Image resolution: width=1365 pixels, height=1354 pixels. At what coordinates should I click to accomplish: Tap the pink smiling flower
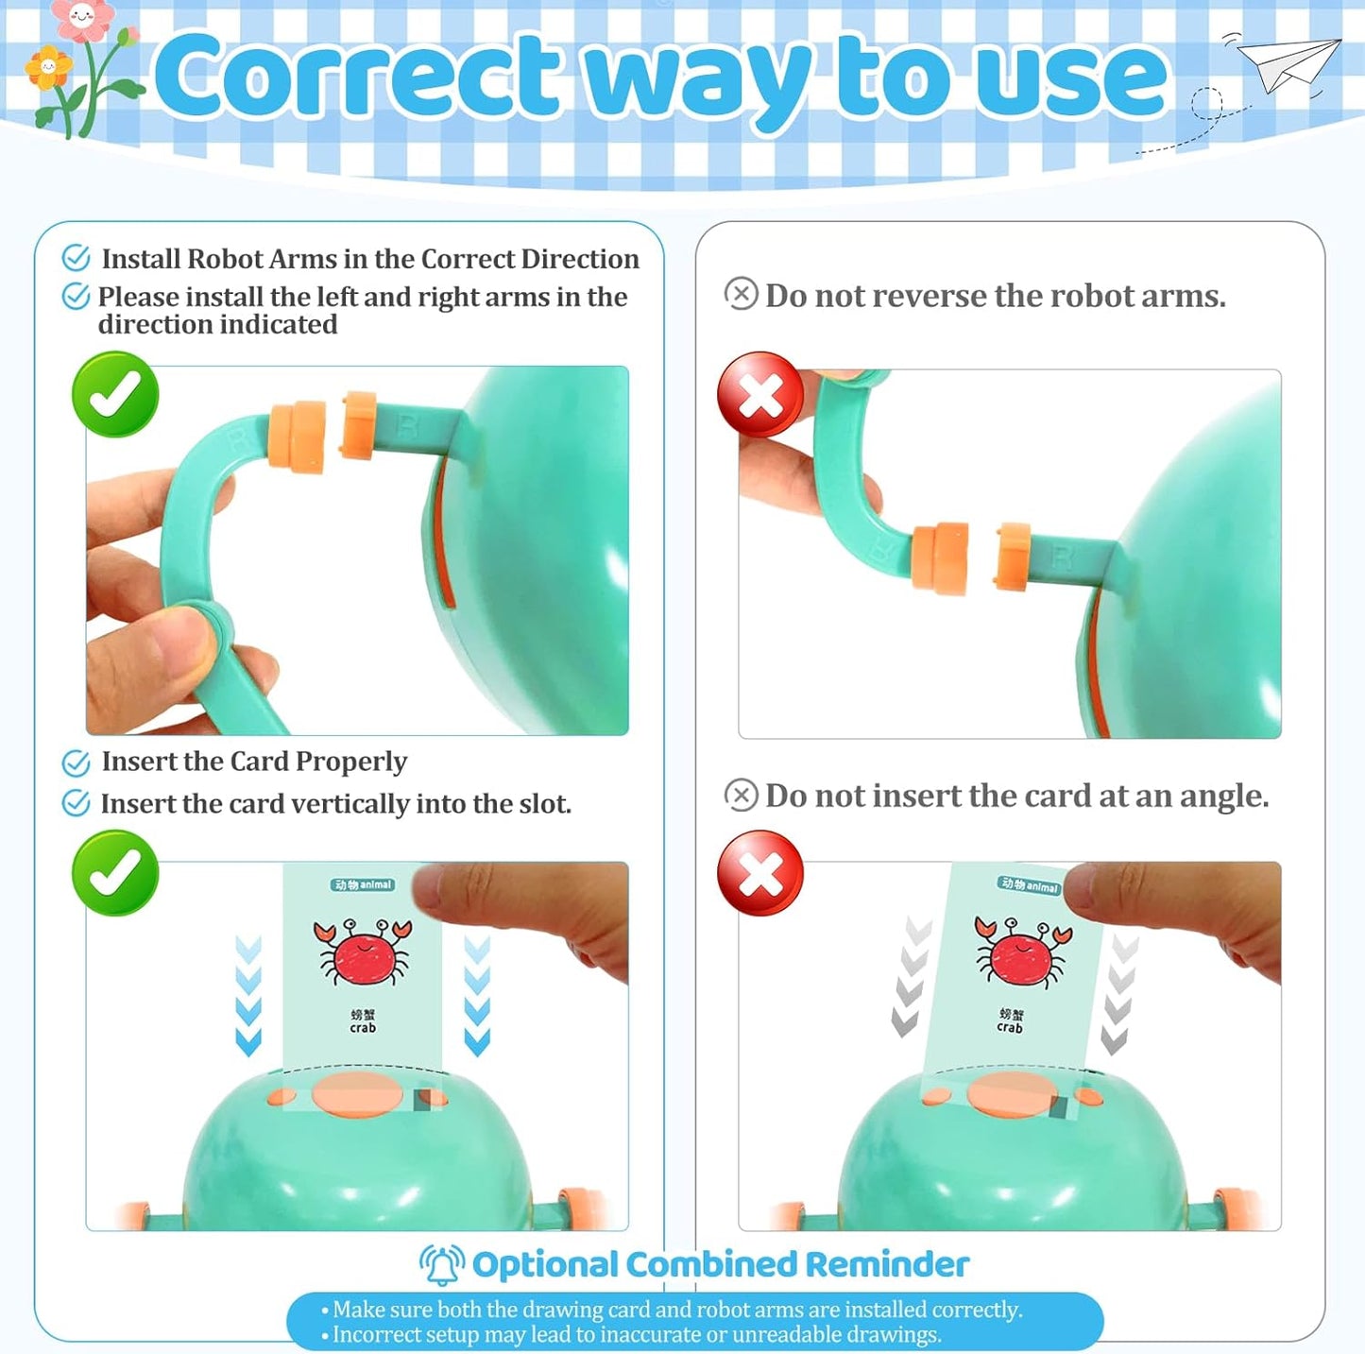83,18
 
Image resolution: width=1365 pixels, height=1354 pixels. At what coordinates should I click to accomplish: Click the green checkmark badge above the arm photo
115,394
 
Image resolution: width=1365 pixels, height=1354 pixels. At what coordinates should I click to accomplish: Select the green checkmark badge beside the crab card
115,873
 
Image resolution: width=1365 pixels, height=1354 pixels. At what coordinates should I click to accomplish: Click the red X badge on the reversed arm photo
760,394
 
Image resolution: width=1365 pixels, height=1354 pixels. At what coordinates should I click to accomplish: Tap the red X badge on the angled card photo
760,873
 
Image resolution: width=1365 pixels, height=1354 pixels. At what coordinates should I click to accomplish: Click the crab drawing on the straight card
362,951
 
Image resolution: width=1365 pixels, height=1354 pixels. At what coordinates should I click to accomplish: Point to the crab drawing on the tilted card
1022,951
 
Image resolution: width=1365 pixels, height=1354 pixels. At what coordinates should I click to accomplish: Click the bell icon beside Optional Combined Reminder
442,1265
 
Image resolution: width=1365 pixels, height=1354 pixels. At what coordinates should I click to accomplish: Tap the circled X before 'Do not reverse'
741,293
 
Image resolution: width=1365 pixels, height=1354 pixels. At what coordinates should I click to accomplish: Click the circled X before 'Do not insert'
741,795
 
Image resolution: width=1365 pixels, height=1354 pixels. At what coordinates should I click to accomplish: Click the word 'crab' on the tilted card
1009,1027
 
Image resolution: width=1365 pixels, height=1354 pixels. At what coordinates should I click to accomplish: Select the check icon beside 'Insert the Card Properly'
76,763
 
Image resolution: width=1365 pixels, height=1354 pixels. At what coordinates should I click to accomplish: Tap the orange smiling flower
48,67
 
